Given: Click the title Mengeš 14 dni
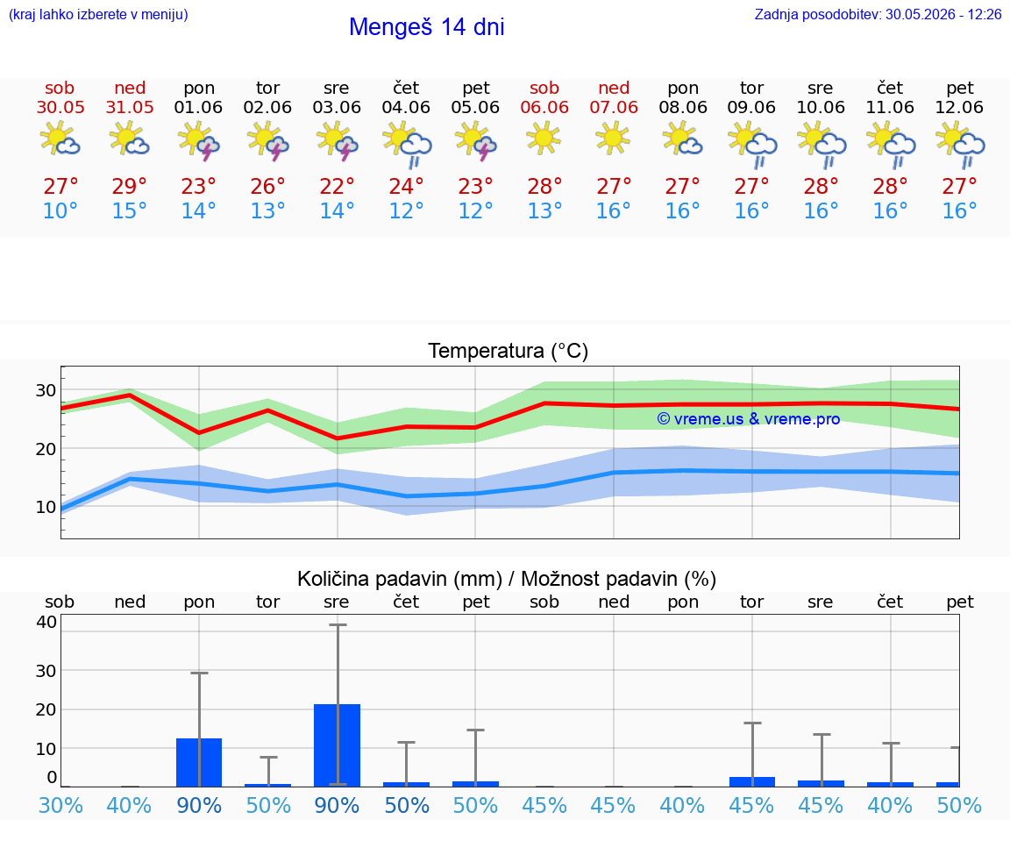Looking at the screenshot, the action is pos(426,27).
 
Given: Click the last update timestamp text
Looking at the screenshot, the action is pos(878,14).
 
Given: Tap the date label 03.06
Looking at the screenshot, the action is pos(337,107).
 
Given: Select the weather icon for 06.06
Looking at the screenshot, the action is pos(544,138).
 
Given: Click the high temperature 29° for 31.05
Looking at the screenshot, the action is pos(130,186).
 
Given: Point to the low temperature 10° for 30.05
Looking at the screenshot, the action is pos(60,210).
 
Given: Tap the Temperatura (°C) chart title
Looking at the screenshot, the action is pos(509,351).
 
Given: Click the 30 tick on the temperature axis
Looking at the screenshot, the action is pos(46,390).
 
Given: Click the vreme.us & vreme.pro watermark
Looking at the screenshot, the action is pos(749,419).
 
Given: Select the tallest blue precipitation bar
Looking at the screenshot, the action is pos(337,745).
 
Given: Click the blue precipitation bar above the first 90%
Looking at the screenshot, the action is pos(199,762).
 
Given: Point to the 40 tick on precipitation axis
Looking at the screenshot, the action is pos(46,622).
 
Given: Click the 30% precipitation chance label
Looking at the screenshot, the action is pos(60,805).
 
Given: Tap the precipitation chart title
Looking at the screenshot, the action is pos(507,579).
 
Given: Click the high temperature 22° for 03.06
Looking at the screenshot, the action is pos(337,186).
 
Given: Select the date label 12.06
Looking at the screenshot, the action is pos(959,107).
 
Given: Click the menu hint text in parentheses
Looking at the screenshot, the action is pos(98,14).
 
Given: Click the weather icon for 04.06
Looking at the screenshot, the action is pos(407,145).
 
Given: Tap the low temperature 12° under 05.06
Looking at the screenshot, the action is pos(475,210).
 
